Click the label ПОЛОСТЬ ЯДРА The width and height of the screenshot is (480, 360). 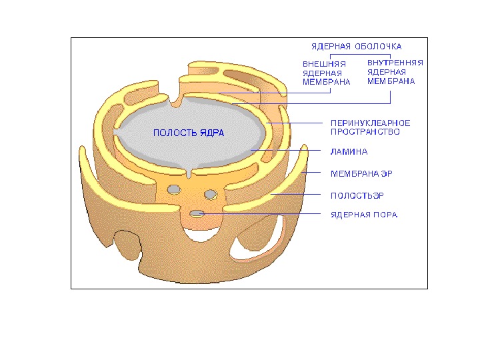click(x=189, y=133)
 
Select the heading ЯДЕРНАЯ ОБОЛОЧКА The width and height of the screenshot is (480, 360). click(x=357, y=47)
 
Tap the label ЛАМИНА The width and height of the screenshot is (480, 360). click(x=349, y=152)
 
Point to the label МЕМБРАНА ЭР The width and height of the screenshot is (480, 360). click(x=361, y=173)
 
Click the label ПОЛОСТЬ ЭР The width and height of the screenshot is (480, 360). click(x=357, y=195)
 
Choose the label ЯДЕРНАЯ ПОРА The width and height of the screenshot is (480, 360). click(x=364, y=215)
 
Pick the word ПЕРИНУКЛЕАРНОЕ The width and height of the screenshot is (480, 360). click(x=371, y=123)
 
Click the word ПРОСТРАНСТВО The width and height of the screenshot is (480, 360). click(x=365, y=132)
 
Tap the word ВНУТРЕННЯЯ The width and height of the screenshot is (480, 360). click(x=395, y=63)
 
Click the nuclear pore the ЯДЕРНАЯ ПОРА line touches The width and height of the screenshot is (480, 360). click(x=197, y=213)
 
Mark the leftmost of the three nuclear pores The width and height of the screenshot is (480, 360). click(x=174, y=189)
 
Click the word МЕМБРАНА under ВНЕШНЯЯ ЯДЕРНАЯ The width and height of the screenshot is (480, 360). click(x=327, y=82)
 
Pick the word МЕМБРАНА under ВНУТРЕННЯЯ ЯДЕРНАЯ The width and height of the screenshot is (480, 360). click(x=391, y=81)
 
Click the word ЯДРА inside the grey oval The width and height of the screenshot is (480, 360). click(x=211, y=133)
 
